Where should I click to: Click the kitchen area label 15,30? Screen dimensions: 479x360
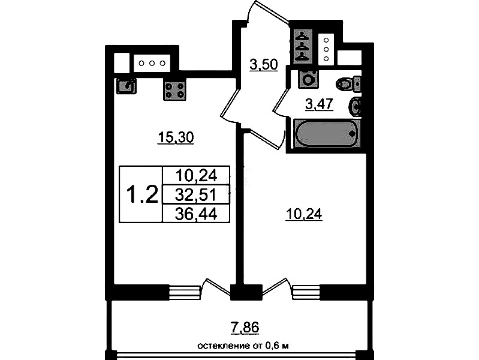(x=175, y=137)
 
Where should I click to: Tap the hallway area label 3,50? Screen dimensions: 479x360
(x=264, y=65)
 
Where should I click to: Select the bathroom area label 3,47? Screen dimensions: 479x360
(x=319, y=104)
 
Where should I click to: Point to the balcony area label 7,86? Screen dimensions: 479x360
(x=245, y=327)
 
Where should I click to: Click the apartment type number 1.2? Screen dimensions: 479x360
(x=142, y=194)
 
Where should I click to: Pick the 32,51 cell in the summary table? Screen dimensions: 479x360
(x=196, y=194)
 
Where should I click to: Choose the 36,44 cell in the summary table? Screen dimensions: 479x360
(x=196, y=214)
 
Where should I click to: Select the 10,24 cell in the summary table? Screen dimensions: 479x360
(x=196, y=176)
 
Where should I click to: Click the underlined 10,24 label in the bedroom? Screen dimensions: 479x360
(x=304, y=214)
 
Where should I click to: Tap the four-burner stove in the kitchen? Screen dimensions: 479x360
(x=174, y=91)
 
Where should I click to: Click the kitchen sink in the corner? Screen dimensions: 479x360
(x=126, y=86)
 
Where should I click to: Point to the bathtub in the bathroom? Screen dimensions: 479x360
(x=326, y=133)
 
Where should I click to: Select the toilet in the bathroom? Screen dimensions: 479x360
(x=348, y=84)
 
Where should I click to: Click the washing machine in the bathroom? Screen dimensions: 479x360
(x=309, y=80)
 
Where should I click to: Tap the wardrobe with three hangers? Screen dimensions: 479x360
(x=303, y=47)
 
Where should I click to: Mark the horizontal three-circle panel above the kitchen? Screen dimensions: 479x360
(x=152, y=64)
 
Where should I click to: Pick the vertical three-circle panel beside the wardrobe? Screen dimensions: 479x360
(x=326, y=49)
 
